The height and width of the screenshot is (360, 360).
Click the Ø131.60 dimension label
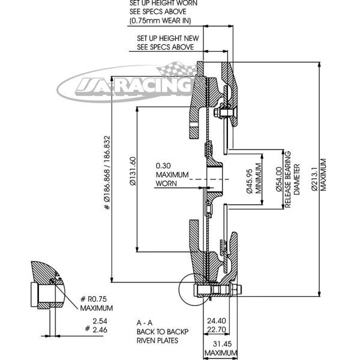point(133,171)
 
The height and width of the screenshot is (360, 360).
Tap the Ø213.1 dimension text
point(314,178)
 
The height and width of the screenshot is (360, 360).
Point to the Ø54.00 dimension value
point(279,179)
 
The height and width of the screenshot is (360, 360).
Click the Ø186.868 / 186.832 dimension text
point(107,173)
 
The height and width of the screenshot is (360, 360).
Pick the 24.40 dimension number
point(217,320)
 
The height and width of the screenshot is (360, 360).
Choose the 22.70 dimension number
point(217,329)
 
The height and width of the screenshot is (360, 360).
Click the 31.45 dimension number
point(222,344)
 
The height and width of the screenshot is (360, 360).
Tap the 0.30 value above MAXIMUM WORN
point(163,166)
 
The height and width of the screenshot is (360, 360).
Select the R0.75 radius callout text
point(97,299)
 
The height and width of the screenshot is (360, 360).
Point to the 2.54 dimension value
point(100,321)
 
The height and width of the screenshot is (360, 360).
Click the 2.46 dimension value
point(100,329)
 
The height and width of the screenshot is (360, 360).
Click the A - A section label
point(145,323)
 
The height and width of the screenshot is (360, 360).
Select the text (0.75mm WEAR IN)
point(160,20)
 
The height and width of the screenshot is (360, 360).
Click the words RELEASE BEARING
point(287,179)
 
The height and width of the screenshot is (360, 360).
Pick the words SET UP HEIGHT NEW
point(168,38)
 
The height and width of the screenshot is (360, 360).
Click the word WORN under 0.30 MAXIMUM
point(166,184)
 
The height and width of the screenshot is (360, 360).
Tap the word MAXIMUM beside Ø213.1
point(323,175)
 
